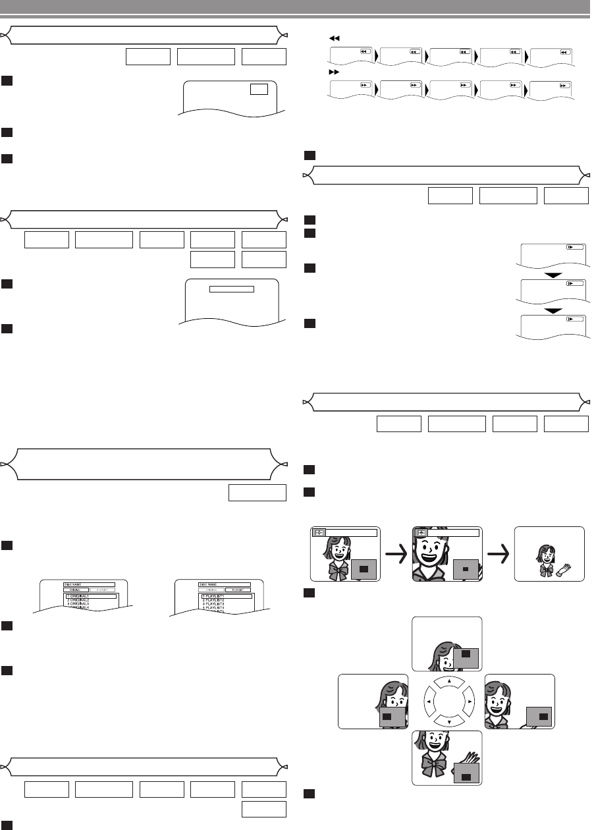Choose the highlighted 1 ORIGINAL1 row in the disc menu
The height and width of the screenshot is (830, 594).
[91, 595]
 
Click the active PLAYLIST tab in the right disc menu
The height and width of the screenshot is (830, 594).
[238, 590]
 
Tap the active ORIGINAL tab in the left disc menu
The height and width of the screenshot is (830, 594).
[76, 590]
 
